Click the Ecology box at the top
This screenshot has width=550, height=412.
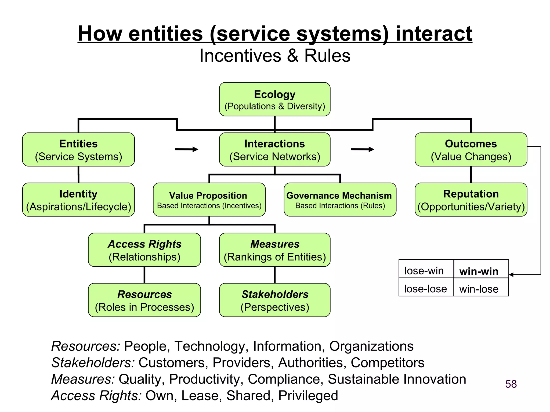coord(274,99)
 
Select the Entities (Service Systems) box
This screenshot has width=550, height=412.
coord(78,150)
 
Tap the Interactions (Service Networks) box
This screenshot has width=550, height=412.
coord(274,150)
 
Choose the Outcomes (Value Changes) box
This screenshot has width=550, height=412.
coord(471,150)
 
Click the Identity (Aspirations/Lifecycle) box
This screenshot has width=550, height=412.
coord(78,200)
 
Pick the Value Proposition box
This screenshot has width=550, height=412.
coord(209,200)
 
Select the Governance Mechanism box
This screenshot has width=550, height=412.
coord(340,200)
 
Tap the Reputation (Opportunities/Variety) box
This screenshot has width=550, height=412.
coord(471,200)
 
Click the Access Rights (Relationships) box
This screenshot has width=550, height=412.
coord(144,250)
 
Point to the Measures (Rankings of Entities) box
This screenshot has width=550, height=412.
coord(274,250)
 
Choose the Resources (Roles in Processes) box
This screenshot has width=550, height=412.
coord(144,300)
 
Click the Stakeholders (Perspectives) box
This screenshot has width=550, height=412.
coord(274,300)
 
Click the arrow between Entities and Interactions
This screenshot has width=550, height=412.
coord(187,149)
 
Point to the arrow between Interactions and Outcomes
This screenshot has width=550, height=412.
coord(363,149)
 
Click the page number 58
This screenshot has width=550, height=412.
coord(511,384)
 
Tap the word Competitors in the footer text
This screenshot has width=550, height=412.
coord(387,363)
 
